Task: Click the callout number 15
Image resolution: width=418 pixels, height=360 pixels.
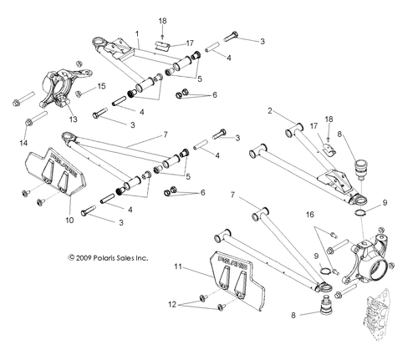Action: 102,86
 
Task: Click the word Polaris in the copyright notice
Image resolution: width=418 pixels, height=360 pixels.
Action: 91,259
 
